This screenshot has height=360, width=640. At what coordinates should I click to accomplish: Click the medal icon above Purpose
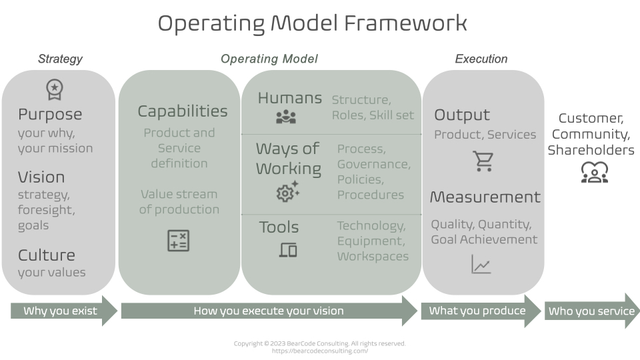[x=54, y=89]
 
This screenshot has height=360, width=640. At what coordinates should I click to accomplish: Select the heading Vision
[x=41, y=177]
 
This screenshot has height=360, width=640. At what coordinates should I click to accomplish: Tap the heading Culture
[x=47, y=255]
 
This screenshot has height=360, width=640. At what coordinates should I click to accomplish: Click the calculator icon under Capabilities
[x=178, y=240]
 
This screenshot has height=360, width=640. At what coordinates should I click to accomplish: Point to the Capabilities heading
[x=182, y=111]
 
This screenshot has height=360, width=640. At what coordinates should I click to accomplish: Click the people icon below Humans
[x=286, y=118]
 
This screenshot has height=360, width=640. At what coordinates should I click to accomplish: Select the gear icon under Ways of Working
[x=287, y=192]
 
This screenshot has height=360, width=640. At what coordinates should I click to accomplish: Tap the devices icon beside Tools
[x=288, y=250]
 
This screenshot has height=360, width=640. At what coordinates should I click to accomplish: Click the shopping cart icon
[x=483, y=161]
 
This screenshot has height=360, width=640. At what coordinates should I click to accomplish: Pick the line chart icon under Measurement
[x=481, y=265]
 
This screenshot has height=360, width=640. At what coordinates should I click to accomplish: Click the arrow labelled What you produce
[x=479, y=311]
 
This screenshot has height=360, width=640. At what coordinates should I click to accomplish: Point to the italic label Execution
[x=481, y=59]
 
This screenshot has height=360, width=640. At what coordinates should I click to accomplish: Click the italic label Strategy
[x=60, y=59]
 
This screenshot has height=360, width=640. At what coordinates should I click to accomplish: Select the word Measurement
[x=485, y=197]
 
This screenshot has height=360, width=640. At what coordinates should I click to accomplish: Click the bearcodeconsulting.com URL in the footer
[x=319, y=351]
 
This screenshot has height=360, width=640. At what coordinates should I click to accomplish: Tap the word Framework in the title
[x=405, y=23]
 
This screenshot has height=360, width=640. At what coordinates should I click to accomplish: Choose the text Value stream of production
[x=179, y=201]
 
